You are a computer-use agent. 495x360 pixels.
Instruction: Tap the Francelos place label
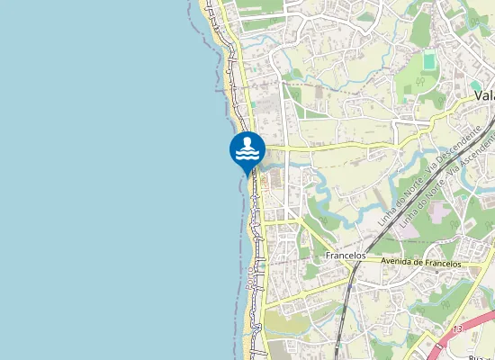pyautogui.click(x=346, y=256)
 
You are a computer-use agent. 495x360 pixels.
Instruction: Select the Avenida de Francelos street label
pyautogui.click(x=421, y=263)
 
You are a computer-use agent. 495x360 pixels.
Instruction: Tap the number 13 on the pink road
pyautogui.click(x=458, y=330)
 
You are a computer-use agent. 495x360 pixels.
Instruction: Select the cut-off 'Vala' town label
pyautogui.click(x=484, y=94)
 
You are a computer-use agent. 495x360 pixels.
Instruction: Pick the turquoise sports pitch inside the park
pyautogui.click(x=429, y=61)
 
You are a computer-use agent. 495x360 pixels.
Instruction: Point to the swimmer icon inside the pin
pyautogui.click(x=247, y=144)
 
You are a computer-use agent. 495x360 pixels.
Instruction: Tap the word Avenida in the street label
pyautogui.click(x=396, y=262)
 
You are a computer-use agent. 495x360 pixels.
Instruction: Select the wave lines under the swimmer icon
pyautogui.click(x=247, y=155)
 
